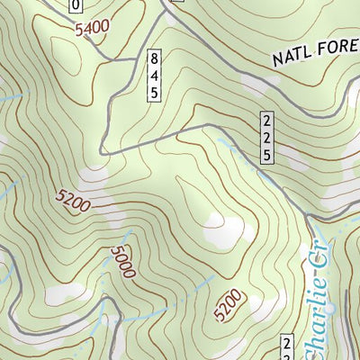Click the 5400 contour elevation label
93,29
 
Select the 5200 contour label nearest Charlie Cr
229,307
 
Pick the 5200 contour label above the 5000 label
73,201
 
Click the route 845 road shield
154,76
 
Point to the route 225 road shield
267,137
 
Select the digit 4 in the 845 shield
154,76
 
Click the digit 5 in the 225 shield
267,153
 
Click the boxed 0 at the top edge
76,5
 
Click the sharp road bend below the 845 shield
102,153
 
